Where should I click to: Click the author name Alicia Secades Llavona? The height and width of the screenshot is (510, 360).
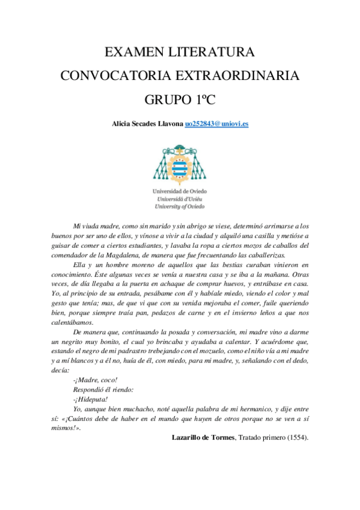pyautogui.click(x=147, y=123)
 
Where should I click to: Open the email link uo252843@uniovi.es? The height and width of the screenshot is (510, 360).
pyautogui.click(x=216, y=123)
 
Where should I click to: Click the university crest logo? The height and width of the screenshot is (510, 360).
pyautogui.click(x=180, y=162)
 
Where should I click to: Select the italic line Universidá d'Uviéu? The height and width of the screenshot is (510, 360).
pyautogui.click(x=180, y=198)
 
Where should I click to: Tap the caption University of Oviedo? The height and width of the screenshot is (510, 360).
pyautogui.click(x=180, y=205)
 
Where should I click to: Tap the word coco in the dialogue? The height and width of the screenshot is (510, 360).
pyautogui.click(x=108, y=380)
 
